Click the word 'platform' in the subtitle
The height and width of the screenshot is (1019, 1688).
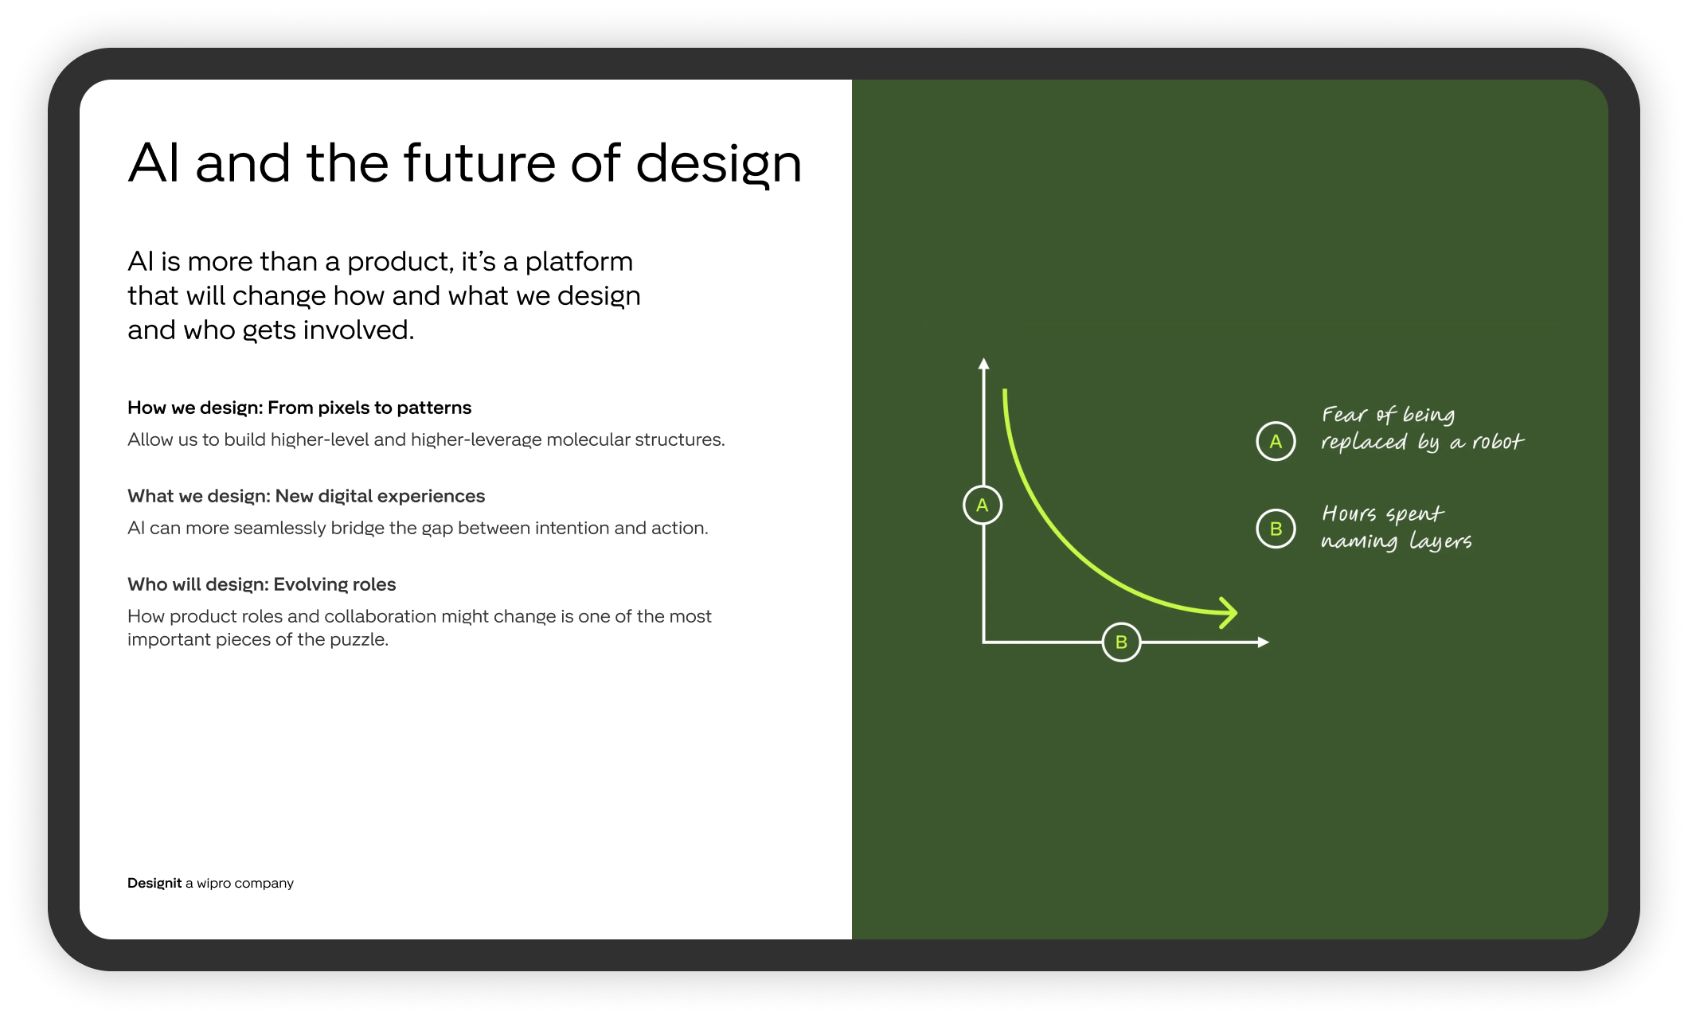click(x=579, y=262)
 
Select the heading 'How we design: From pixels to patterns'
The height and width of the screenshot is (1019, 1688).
click(x=299, y=408)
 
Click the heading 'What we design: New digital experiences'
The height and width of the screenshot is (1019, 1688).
click(x=306, y=496)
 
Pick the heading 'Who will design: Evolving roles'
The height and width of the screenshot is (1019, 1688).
click(x=261, y=584)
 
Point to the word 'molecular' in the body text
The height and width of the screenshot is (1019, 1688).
click(x=587, y=439)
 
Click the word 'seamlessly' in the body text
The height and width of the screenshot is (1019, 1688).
click(x=279, y=528)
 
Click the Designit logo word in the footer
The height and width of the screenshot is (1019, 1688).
click(x=154, y=883)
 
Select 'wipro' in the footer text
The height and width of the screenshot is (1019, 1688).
click(x=213, y=883)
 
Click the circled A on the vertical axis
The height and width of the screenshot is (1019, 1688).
click(x=982, y=505)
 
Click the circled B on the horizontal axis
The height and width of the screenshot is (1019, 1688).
click(x=1121, y=642)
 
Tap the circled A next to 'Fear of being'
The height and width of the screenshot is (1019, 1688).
click(x=1276, y=441)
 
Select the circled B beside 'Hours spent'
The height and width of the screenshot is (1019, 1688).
click(x=1276, y=529)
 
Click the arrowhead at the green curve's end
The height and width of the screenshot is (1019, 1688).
click(x=1229, y=613)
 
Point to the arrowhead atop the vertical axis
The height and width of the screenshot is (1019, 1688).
click(x=983, y=364)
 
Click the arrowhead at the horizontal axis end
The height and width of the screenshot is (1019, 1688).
click(x=1263, y=642)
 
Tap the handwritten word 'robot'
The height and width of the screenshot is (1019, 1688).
click(x=1497, y=442)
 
